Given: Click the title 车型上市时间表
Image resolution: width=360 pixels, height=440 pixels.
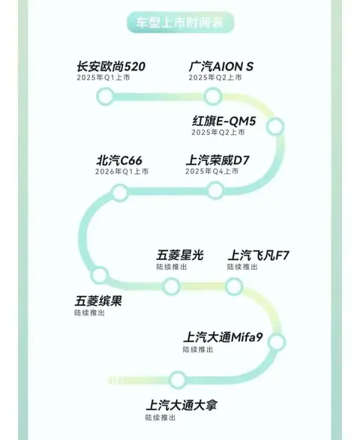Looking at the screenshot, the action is coord(180,22).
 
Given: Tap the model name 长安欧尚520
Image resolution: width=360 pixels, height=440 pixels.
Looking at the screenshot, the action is coord(111,67).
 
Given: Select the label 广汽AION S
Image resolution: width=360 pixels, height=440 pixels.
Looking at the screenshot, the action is coord(221,67).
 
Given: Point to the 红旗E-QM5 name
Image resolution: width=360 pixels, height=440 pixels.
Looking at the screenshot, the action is coord(224,121).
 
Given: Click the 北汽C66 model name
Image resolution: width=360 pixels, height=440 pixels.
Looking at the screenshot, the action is coord(119,160).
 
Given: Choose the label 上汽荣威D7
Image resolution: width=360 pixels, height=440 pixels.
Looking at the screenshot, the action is coord(217,160).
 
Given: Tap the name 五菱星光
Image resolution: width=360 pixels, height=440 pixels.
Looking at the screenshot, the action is coord(180,256).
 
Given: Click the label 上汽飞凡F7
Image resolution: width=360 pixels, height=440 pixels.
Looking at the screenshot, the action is coord(258,256).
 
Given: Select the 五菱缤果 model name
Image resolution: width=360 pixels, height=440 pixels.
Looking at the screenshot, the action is coord(98,301).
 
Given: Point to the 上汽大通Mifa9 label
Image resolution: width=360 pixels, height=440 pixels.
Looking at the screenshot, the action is coord(223,337).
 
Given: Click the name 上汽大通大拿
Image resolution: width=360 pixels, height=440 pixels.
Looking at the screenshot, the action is coord(181,406).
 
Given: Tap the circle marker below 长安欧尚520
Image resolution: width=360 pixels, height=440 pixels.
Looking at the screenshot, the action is coord(105,96).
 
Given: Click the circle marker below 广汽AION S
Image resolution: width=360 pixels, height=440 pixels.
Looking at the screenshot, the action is coord(212,96).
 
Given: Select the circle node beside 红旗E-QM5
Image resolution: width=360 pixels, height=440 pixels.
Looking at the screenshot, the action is coord(275,126).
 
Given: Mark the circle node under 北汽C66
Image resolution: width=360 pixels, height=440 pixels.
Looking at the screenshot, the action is coord(120,192).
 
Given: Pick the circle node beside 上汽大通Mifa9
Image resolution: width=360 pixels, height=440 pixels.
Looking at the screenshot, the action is coord(277,342).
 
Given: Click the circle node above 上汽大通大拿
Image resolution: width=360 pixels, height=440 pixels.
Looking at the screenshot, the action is coord(178,380).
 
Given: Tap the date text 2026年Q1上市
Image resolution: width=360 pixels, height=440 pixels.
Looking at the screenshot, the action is coord(121,171).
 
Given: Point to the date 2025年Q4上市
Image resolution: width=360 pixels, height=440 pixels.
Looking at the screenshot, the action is coord(212,171).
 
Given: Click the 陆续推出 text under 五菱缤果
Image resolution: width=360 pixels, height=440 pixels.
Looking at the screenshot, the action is coord(89,313).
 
